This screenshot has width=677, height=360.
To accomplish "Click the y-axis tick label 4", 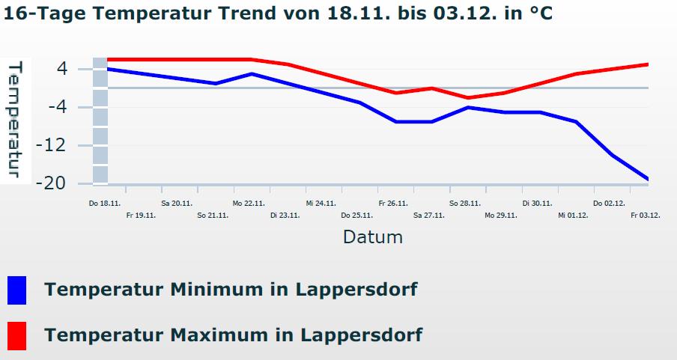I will point(61,69).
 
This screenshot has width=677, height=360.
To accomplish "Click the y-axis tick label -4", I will point(57,107).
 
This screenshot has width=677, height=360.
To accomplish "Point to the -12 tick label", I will point(52,145).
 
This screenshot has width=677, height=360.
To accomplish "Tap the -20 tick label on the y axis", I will point(52,183).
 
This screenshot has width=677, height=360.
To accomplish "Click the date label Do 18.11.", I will point(104,203).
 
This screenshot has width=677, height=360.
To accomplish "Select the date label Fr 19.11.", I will point(141,216).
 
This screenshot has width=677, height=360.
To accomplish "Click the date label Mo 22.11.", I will point(249,203).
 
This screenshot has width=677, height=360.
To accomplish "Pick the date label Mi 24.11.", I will point(321,203).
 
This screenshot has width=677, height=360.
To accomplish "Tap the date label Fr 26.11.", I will point(393,203).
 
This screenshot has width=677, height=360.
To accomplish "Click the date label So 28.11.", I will point(465,203).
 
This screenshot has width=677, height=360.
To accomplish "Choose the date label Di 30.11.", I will point(537,203).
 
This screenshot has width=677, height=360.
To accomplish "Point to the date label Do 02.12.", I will point(609,203).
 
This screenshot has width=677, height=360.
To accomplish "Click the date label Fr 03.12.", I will point(645,216).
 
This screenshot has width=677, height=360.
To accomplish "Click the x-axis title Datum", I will point(373,237).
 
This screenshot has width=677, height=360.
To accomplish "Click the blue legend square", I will point(16,290).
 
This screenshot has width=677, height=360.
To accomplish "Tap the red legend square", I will point(16,335).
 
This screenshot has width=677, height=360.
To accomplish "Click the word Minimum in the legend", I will point(225,289).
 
